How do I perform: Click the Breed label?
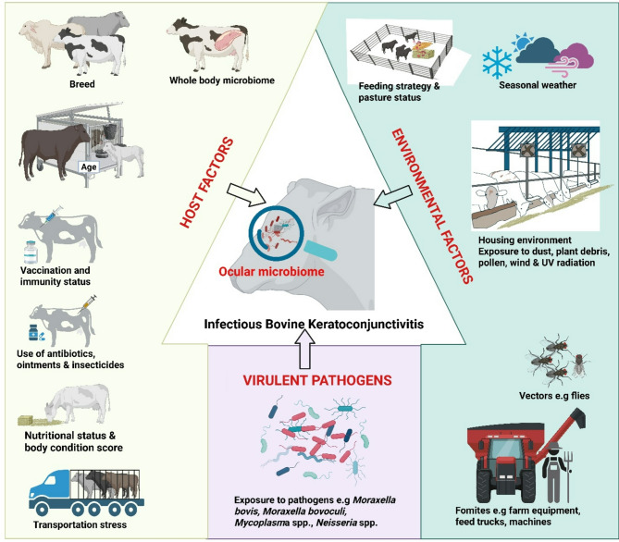56,80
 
